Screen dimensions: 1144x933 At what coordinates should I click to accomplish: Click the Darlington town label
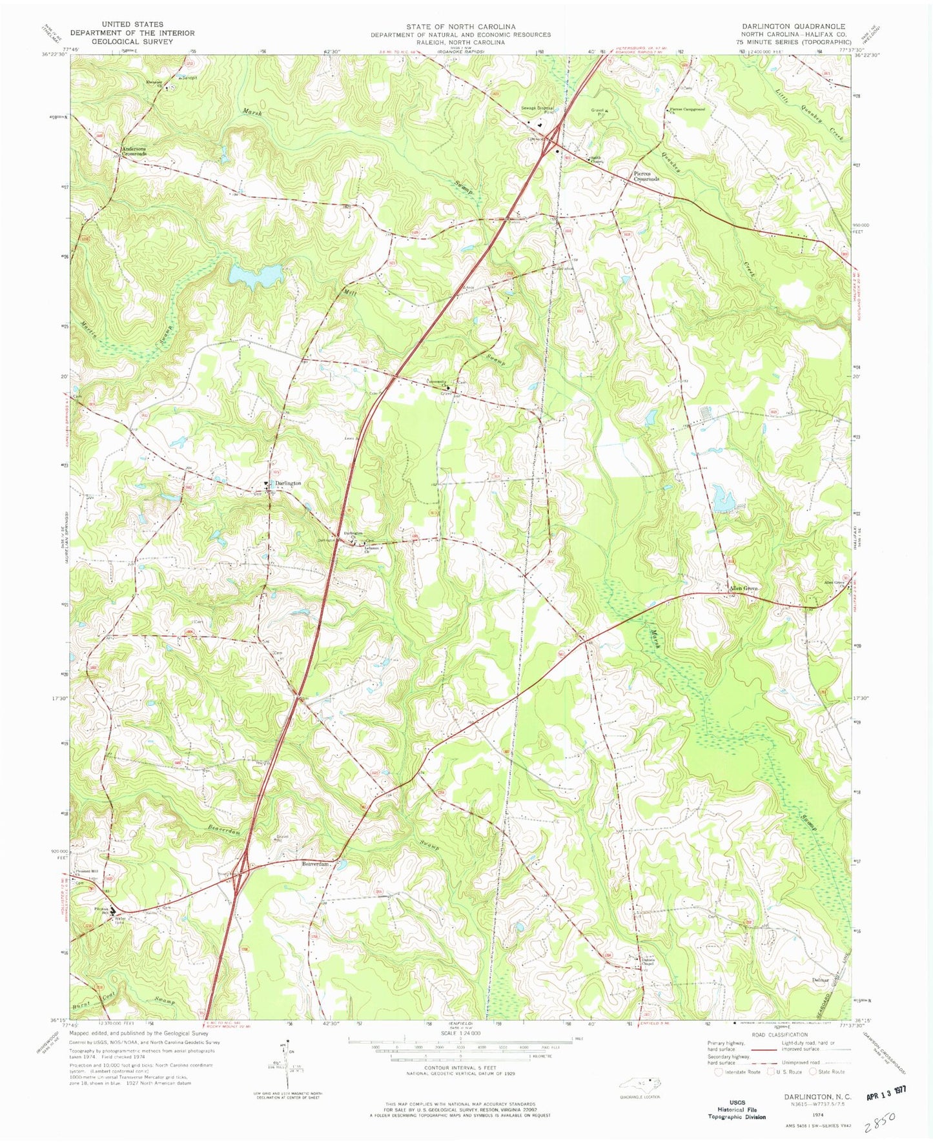(x=288, y=483)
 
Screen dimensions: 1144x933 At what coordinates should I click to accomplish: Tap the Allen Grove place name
(x=743, y=589)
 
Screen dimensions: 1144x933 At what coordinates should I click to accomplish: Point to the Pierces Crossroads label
(x=645, y=176)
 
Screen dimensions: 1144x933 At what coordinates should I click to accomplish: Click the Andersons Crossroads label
(x=132, y=152)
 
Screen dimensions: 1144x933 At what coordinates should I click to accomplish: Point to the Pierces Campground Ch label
(x=686, y=110)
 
